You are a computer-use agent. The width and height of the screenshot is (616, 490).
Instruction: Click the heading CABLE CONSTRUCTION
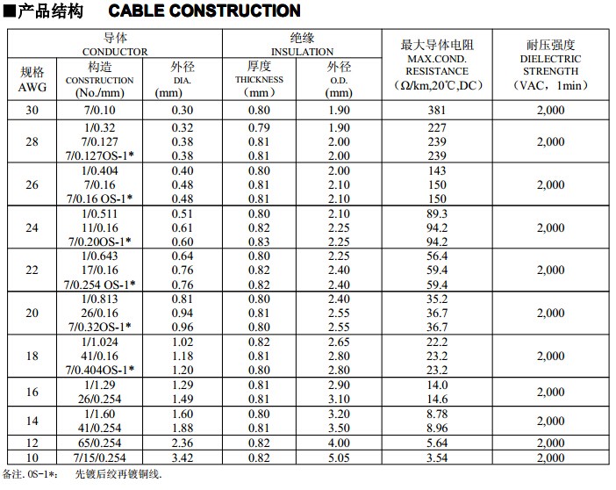[204, 11]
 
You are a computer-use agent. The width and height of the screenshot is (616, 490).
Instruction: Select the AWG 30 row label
[32, 110]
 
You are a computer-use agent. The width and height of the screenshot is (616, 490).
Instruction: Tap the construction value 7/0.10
[100, 110]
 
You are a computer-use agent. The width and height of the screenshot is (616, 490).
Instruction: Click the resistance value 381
[437, 110]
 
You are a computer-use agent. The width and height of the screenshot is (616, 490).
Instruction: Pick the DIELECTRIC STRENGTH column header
[550, 65]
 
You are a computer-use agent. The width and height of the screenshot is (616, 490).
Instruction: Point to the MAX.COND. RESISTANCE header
[437, 65]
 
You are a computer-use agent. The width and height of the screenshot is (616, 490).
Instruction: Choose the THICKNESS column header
[259, 79]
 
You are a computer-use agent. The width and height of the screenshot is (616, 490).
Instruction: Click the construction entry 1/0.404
[100, 170]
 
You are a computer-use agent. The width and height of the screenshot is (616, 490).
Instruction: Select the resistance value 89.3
[437, 213]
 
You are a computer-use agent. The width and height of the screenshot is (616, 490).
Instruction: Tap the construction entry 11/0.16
[100, 227]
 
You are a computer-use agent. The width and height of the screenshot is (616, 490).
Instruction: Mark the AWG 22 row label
[32, 270]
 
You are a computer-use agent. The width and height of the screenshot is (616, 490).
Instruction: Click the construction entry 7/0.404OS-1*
[100, 370]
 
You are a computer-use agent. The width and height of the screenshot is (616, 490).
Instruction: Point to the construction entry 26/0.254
[100, 399]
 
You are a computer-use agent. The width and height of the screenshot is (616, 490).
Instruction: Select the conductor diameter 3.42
[183, 458]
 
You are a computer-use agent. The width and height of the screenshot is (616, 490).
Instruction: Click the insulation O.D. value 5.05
[339, 458]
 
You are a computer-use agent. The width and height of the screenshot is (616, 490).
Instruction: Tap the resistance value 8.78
[437, 414]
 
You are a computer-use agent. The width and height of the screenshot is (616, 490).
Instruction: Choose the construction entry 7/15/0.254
[100, 458]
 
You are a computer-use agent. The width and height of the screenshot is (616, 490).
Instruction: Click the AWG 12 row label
[32, 443]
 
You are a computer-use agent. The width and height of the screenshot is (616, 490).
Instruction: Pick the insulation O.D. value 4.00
[339, 443]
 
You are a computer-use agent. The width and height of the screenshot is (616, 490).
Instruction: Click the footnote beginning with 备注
[82, 474]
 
